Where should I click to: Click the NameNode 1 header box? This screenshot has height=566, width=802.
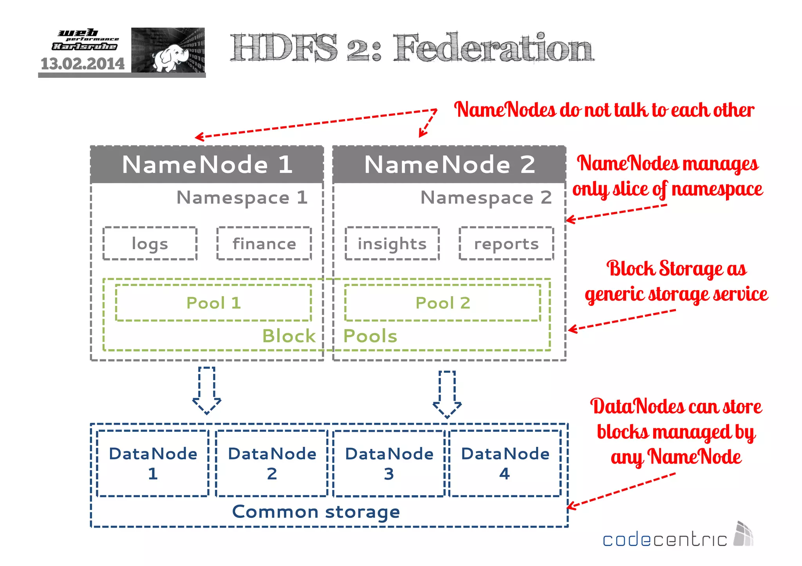[x=207, y=164]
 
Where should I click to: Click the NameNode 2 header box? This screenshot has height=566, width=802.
[x=449, y=164]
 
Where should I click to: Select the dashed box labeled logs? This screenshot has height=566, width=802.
[x=150, y=243]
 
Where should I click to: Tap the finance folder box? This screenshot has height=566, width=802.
[x=264, y=243]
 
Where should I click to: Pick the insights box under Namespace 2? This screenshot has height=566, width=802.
[x=392, y=243]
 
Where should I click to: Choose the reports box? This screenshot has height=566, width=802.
[x=506, y=243]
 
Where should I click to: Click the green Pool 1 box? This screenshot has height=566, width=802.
[x=213, y=303]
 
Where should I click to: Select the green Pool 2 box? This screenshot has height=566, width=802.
[x=443, y=303]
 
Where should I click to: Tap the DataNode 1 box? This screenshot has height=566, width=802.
[x=153, y=463]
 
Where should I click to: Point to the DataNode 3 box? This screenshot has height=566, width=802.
[x=389, y=463]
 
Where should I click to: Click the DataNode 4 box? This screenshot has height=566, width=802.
[x=505, y=463]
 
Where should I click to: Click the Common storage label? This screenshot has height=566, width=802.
[x=316, y=512]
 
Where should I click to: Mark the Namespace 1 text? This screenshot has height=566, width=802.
[x=242, y=198]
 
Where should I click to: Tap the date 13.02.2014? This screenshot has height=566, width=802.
[x=83, y=64]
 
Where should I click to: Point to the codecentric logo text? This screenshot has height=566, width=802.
[x=664, y=540]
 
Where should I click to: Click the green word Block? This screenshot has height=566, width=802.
[x=289, y=336]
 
